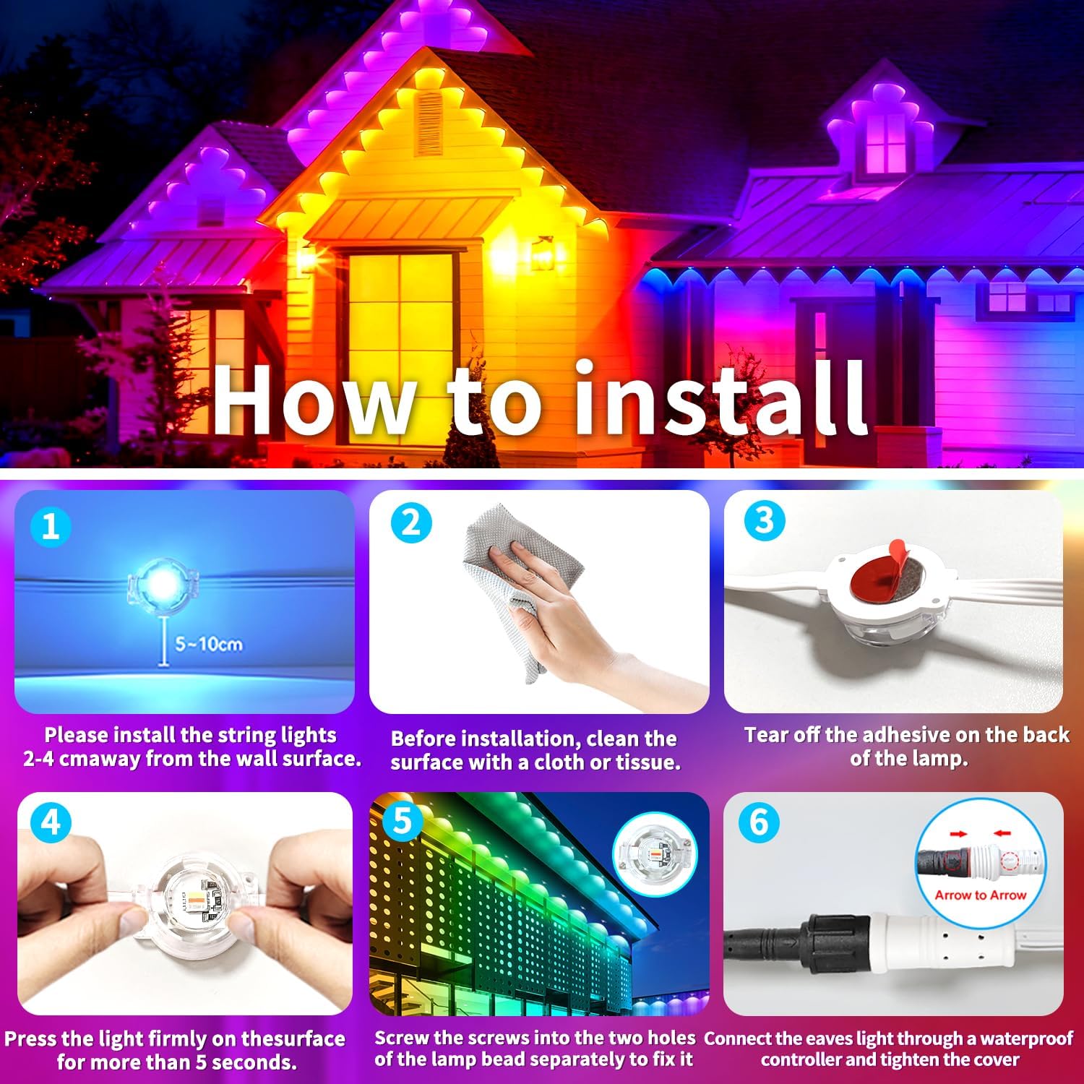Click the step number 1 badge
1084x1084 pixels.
(51, 526)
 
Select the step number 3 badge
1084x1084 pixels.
(764, 520)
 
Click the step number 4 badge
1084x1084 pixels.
(51, 823)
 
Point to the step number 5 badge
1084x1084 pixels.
(402, 822)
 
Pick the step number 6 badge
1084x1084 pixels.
(759, 822)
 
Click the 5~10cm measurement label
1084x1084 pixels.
(208, 644)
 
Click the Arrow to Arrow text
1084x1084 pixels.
(980, 895)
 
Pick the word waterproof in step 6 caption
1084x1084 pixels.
(1026, 1038)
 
